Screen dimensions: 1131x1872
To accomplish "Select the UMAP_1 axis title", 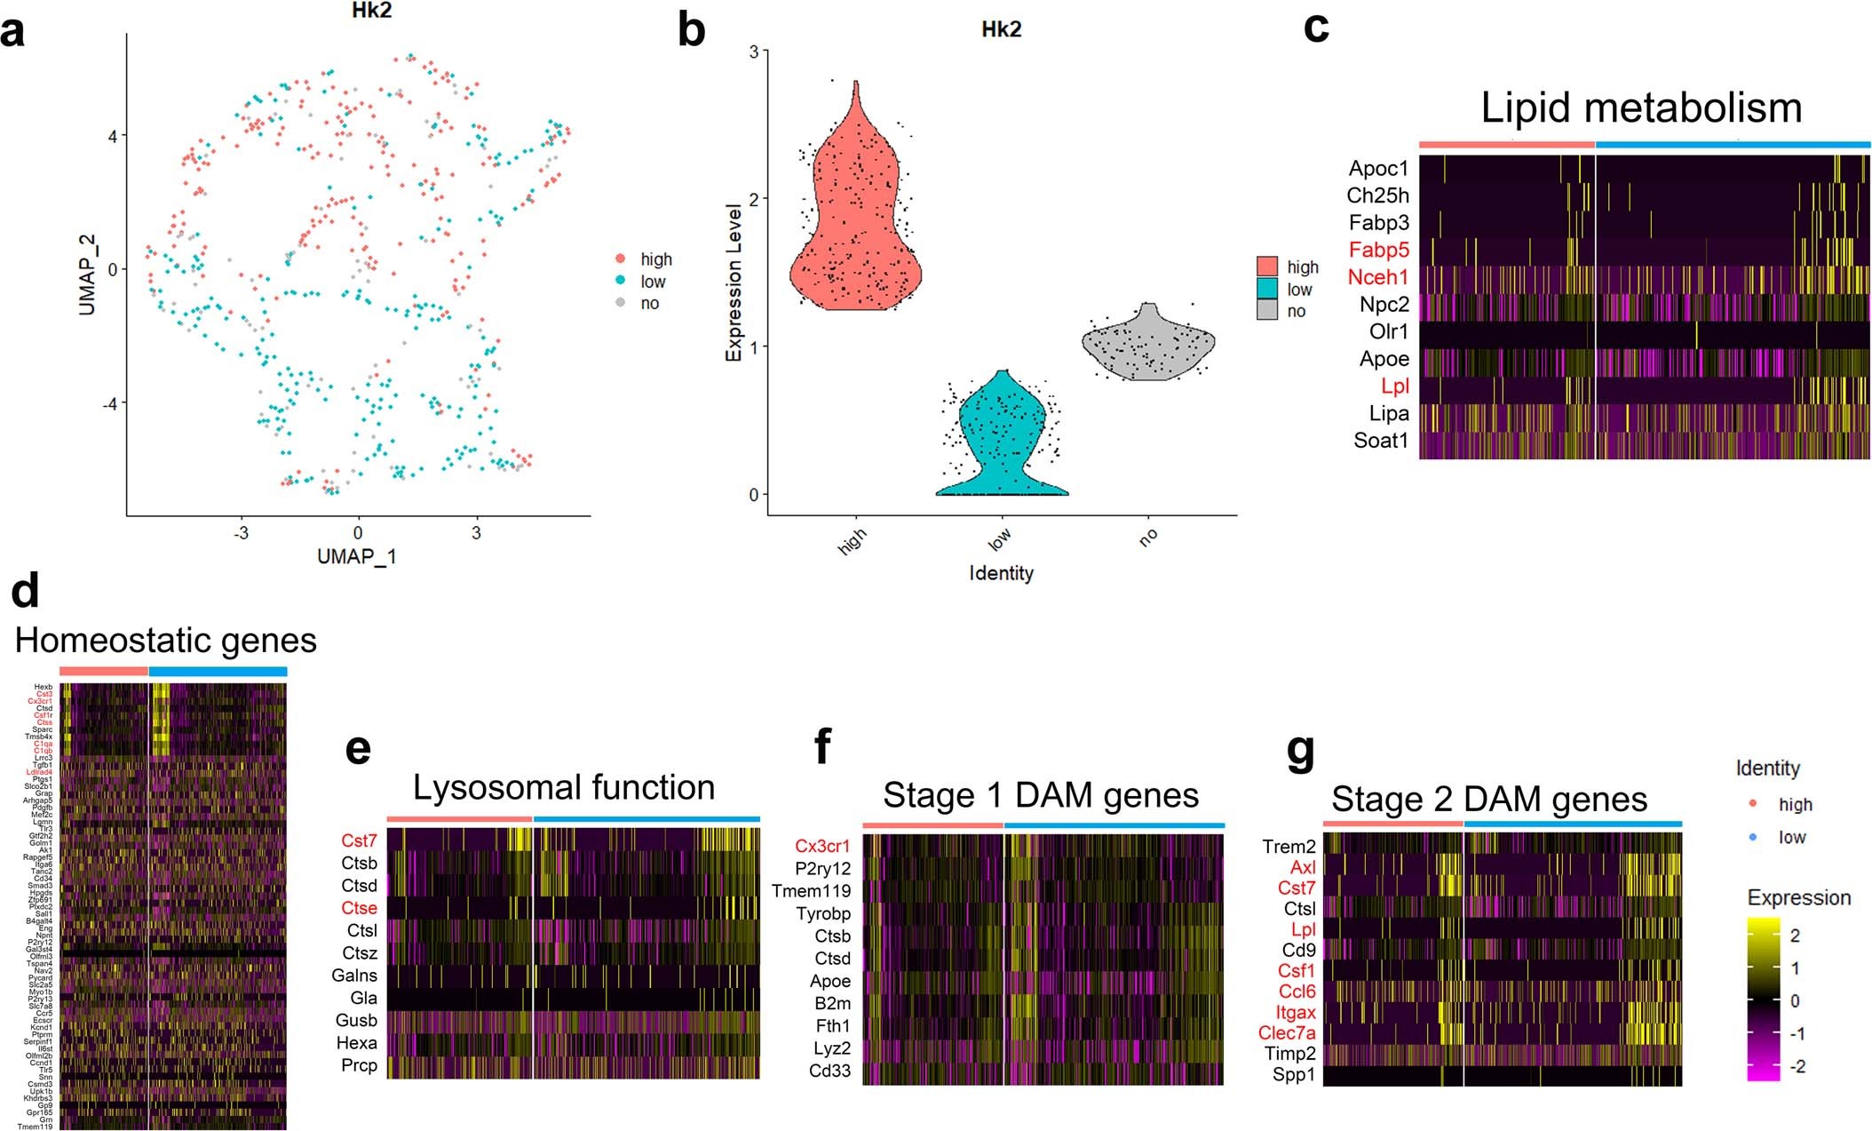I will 357,556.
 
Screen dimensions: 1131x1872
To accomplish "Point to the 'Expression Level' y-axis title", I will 734,283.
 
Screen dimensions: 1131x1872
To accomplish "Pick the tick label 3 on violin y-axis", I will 754,52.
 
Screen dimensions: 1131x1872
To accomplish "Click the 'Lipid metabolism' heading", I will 1641,108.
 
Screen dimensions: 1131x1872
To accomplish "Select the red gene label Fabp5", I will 1378,250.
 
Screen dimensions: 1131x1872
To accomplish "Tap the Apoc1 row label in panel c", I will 1378,169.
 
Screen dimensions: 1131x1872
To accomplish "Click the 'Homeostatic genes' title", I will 166,641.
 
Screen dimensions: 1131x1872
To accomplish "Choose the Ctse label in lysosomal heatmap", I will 359,908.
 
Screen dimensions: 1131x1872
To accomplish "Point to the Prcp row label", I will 359,1065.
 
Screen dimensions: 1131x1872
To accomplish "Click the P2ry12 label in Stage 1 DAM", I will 822,869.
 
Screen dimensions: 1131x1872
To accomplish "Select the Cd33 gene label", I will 829,1071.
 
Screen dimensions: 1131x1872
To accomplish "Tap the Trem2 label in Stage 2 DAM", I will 1289,847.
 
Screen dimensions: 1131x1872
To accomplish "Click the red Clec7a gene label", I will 1287,1033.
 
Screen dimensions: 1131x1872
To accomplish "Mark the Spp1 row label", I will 1293,1075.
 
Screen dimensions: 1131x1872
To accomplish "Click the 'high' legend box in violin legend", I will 1267,267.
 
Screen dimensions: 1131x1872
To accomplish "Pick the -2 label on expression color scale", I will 1797,1066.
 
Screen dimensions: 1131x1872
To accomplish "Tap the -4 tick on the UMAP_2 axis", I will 109,403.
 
